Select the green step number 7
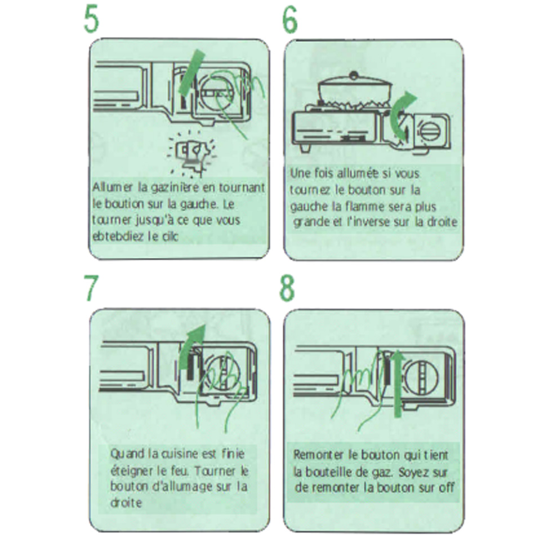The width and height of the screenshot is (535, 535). tap(91, 288)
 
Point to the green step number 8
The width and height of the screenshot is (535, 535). tap(288, 288)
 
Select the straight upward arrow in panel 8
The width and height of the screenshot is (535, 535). tap(398, 383)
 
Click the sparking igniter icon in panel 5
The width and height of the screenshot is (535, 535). tap(192, 153)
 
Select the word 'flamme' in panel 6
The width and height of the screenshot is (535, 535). tap(367, 207)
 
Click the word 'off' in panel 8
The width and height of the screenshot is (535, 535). tap(444, 487)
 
